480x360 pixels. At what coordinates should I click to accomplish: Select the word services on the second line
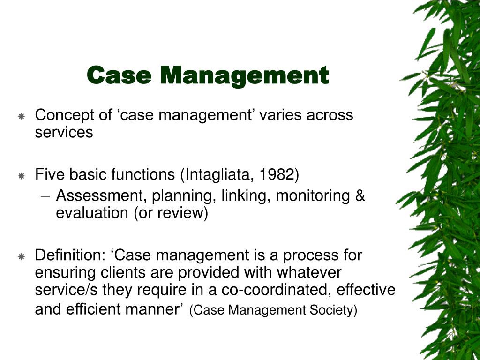coord(64,133)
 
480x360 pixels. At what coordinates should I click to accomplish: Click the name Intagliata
coord(218,174)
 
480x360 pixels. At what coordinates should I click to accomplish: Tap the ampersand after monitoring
coord(360,195)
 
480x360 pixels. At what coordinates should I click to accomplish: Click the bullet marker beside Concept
coord(22,116)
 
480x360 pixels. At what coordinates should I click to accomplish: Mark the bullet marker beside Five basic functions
coord(22,175)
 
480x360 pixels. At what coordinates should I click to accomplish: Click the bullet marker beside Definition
coord(22,256)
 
